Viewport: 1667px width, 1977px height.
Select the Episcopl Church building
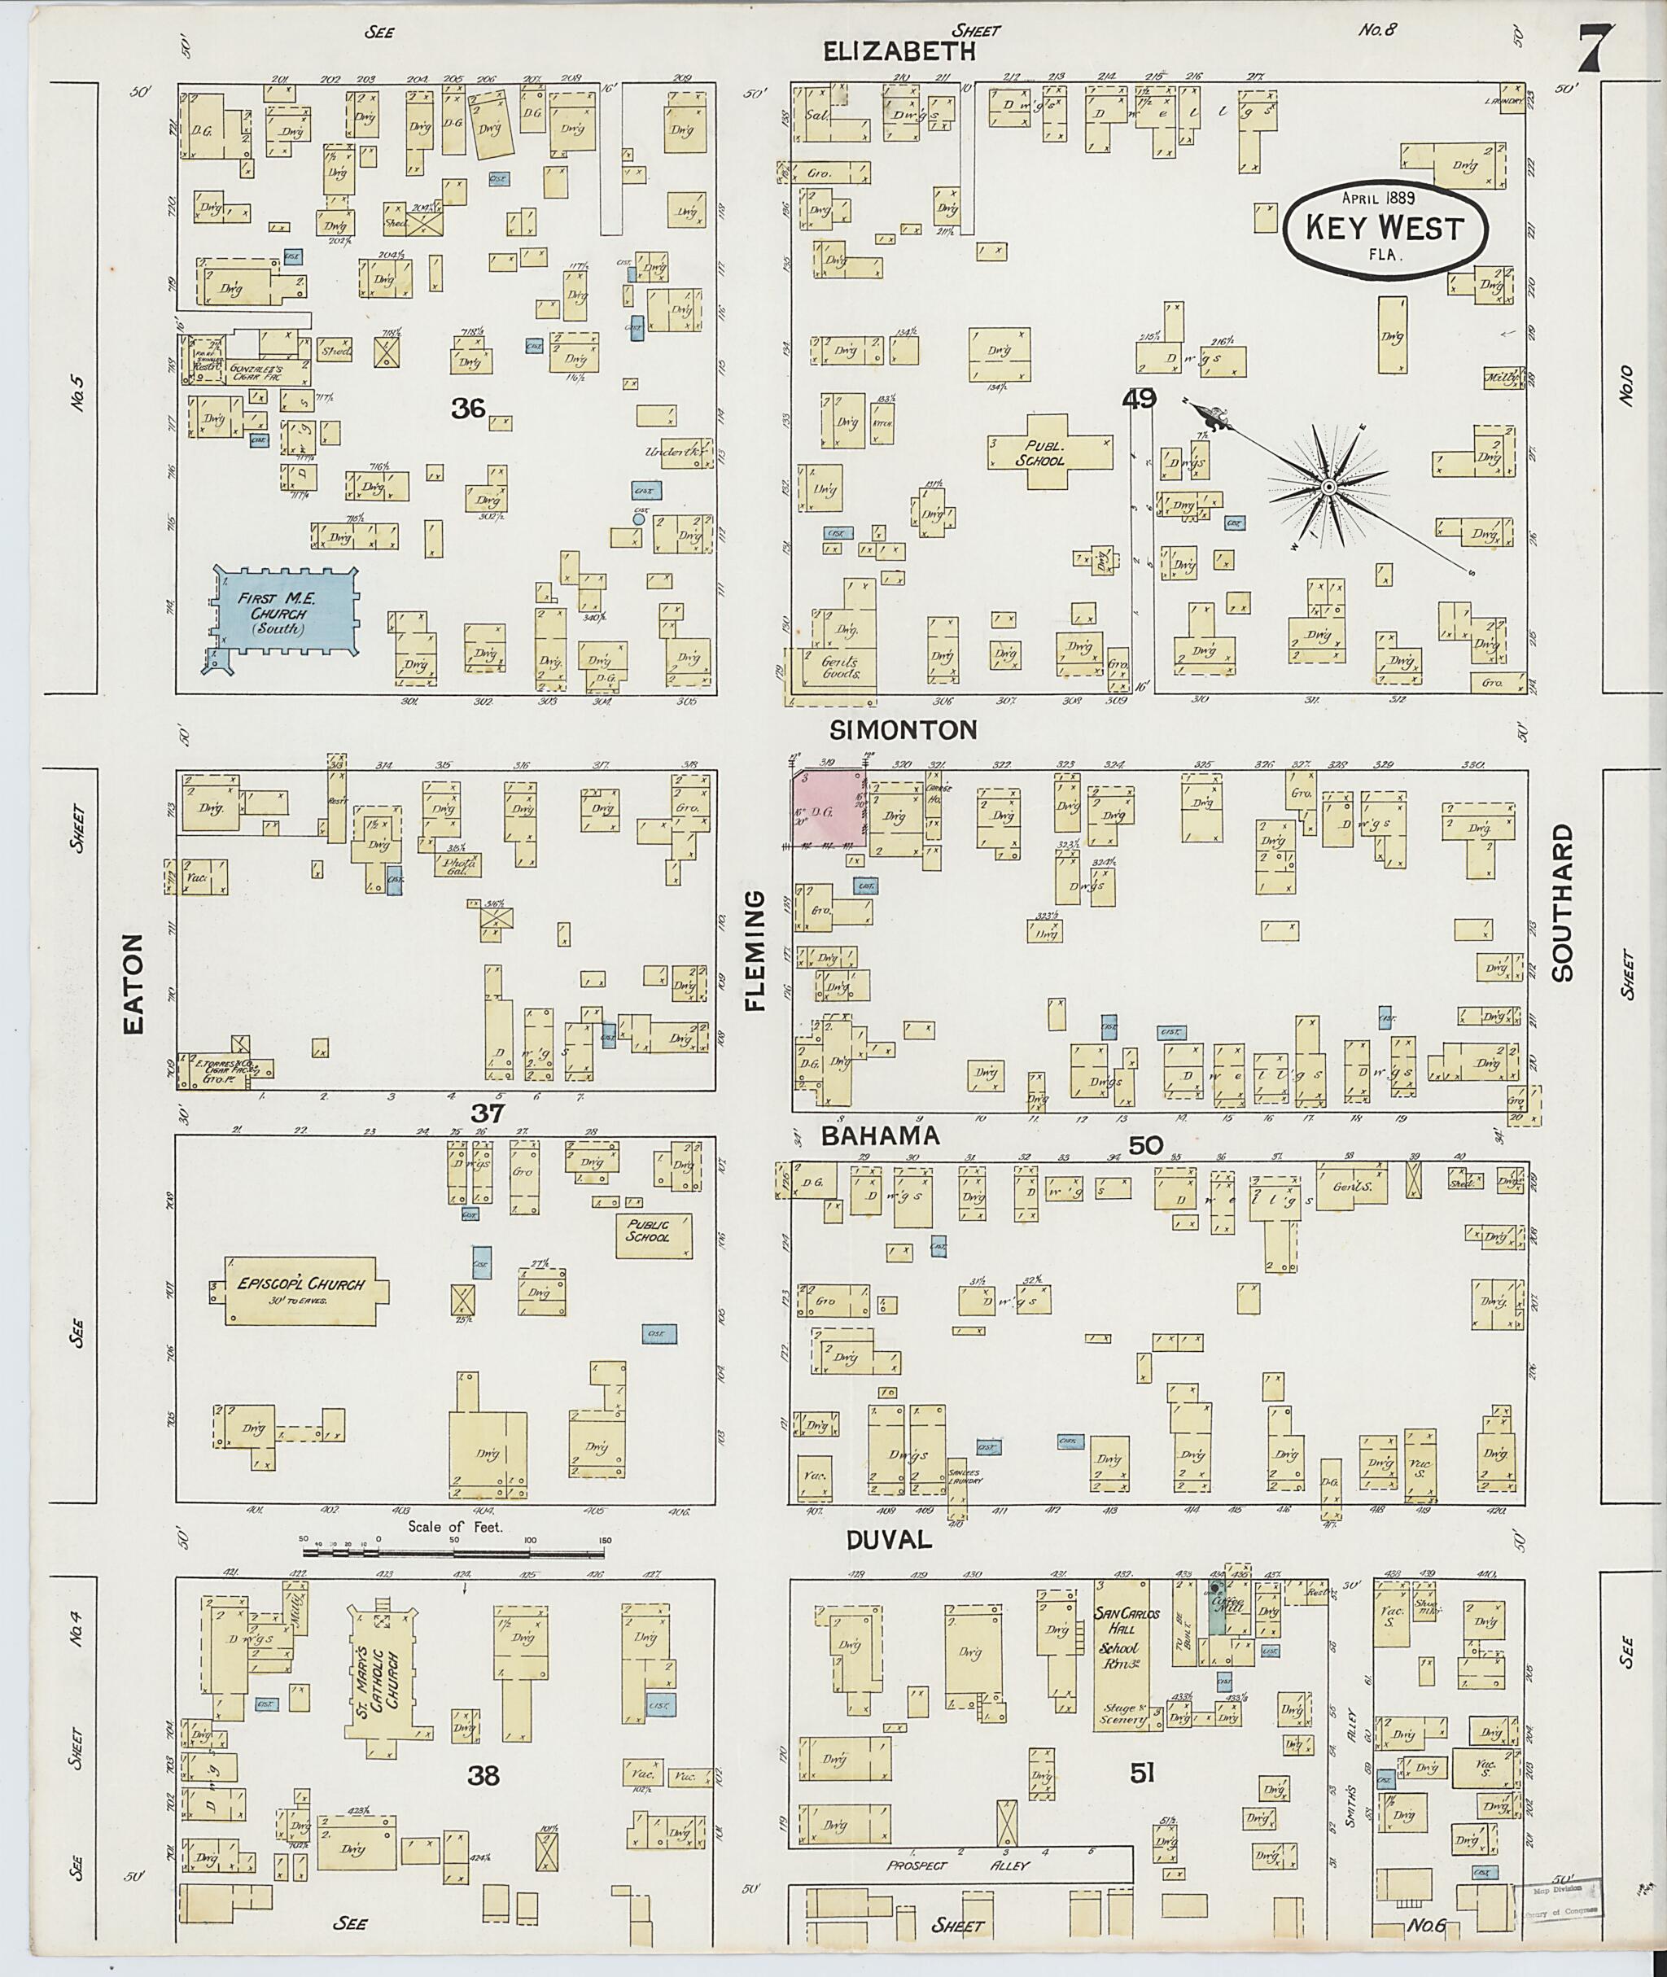point(300,1290)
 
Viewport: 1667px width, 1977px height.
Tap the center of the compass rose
point(1328,487)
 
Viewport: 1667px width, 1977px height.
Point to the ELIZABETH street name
point(899,52)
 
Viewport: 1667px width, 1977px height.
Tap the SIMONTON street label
point(903,729)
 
